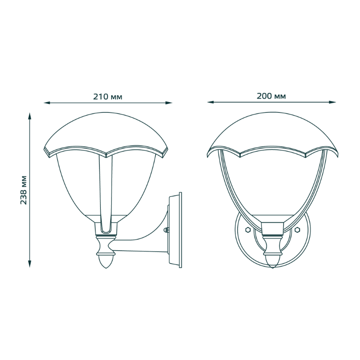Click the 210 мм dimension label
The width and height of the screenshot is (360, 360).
pos(108,97)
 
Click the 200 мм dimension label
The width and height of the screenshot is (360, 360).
pos(271,96)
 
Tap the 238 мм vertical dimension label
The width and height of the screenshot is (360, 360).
pos(24,190)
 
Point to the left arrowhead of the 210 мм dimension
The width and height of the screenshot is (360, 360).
pos(47,103)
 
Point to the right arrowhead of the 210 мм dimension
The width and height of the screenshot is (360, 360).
pos(169,103)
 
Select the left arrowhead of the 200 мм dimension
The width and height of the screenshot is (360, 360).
pos(211,102)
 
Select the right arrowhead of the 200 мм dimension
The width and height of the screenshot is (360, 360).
pos(333,102)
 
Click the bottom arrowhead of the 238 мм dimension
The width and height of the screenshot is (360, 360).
pos(30,264)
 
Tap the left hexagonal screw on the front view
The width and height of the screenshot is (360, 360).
pos(247,229)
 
